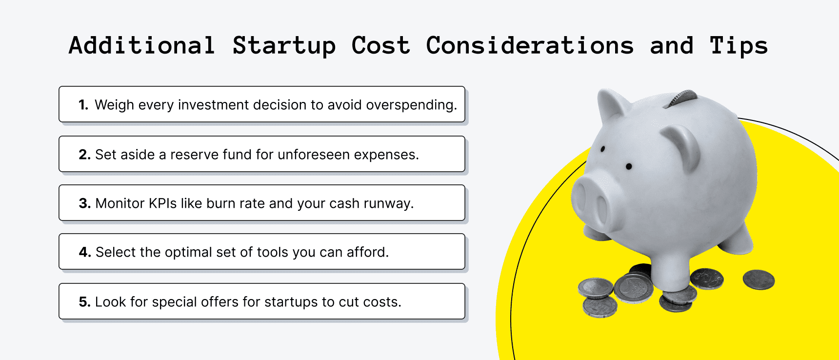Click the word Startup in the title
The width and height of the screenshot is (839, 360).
284,46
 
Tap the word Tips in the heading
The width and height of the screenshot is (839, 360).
739,46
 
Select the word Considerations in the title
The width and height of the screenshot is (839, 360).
530,46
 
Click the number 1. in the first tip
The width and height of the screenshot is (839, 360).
83,105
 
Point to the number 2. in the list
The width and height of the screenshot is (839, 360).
84,155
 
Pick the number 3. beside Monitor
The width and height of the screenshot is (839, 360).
85,203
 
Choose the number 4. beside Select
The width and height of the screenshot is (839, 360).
85,252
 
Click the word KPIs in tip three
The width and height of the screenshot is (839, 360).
162,203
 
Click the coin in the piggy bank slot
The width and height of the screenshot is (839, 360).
683,97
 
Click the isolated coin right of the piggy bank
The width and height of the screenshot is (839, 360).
759,280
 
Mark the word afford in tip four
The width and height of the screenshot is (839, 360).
367,252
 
